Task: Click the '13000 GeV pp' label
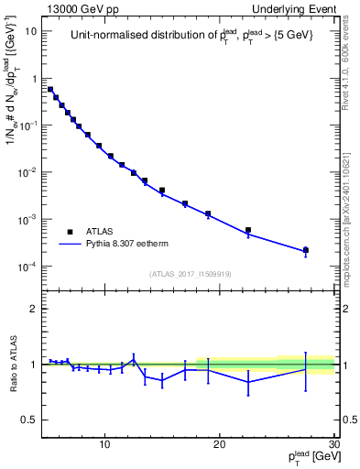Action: click(75, 8)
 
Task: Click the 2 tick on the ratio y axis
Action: click(35, 309)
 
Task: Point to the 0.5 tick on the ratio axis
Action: click(30, 420)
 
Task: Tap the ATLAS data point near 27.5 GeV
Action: click(306, 250)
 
